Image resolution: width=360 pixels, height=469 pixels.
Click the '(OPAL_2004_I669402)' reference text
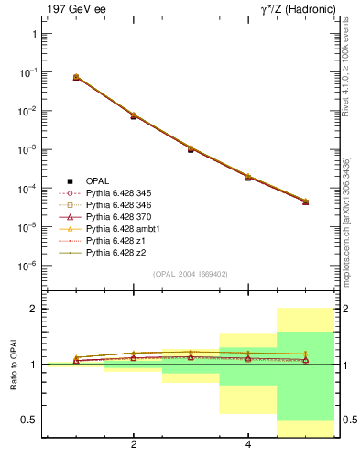coord(191,273)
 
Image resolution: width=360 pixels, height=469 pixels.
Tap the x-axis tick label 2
coord(134,446)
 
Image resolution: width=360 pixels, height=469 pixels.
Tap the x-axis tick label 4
coord(248,446)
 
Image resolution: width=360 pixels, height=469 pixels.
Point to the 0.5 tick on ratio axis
coord(30,420)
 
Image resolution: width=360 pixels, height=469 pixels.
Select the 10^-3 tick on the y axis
coord(27,149)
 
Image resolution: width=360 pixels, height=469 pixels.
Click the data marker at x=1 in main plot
coord(76,77)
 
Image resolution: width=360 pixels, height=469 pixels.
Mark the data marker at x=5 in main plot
coord(306,202)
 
